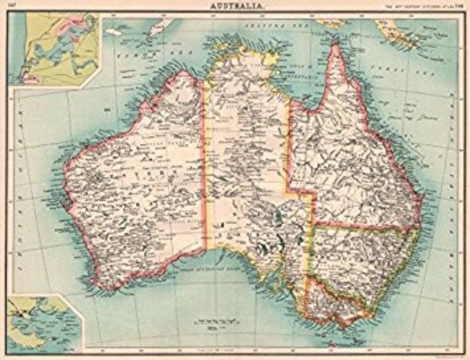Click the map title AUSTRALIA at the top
point(235,5)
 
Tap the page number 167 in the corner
point(13,6)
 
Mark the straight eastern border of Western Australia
point(205,172)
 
